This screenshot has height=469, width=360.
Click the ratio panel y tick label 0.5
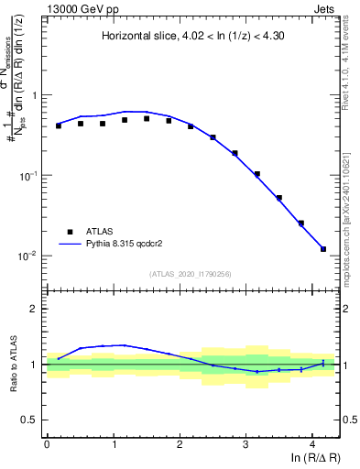point(30,420)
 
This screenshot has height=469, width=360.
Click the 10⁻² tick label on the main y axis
point(27,256)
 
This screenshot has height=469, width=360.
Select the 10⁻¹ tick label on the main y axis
point(27,175)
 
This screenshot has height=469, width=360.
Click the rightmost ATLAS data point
point(323,248)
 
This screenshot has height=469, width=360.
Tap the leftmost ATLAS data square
point(59,125)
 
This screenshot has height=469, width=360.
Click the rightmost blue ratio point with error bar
point(323,364)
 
